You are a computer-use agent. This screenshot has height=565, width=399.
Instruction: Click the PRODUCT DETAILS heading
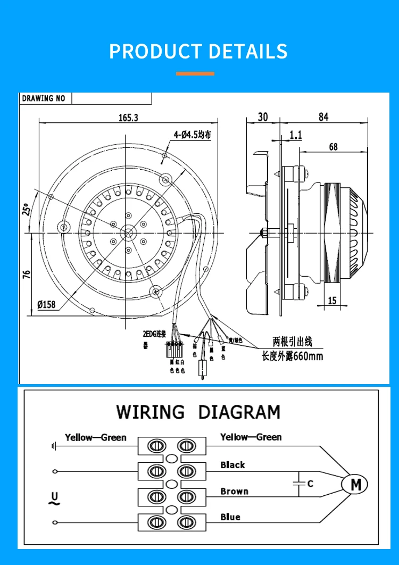point(198,52)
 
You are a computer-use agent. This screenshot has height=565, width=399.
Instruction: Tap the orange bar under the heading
point(195,73)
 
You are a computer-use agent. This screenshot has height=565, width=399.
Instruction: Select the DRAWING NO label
point(44,98)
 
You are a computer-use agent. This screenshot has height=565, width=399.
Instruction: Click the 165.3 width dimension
point(128,118)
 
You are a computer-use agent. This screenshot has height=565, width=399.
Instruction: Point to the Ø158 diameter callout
point(47,305)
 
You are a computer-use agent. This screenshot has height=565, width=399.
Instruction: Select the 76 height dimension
point(27,274)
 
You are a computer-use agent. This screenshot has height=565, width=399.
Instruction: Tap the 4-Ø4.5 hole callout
point(192,135)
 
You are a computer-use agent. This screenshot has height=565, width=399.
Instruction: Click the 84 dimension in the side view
point(323,118)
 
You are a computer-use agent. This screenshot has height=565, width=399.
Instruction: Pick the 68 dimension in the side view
point(333,147)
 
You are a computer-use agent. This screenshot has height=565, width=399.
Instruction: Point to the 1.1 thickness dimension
point(295,135)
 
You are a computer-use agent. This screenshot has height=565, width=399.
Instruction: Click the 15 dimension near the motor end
point(332,301)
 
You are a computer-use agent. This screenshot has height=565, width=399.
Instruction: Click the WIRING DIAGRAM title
point(198,412)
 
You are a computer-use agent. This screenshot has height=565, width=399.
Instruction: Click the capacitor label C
point(310,484)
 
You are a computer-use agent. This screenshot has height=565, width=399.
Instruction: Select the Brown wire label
point(234,491)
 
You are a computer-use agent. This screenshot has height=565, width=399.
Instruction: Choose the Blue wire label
point(230,517)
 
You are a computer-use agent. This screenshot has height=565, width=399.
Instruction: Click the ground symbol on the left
point(54,446)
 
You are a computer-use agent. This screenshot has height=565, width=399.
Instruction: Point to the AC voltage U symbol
point(54,498)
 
